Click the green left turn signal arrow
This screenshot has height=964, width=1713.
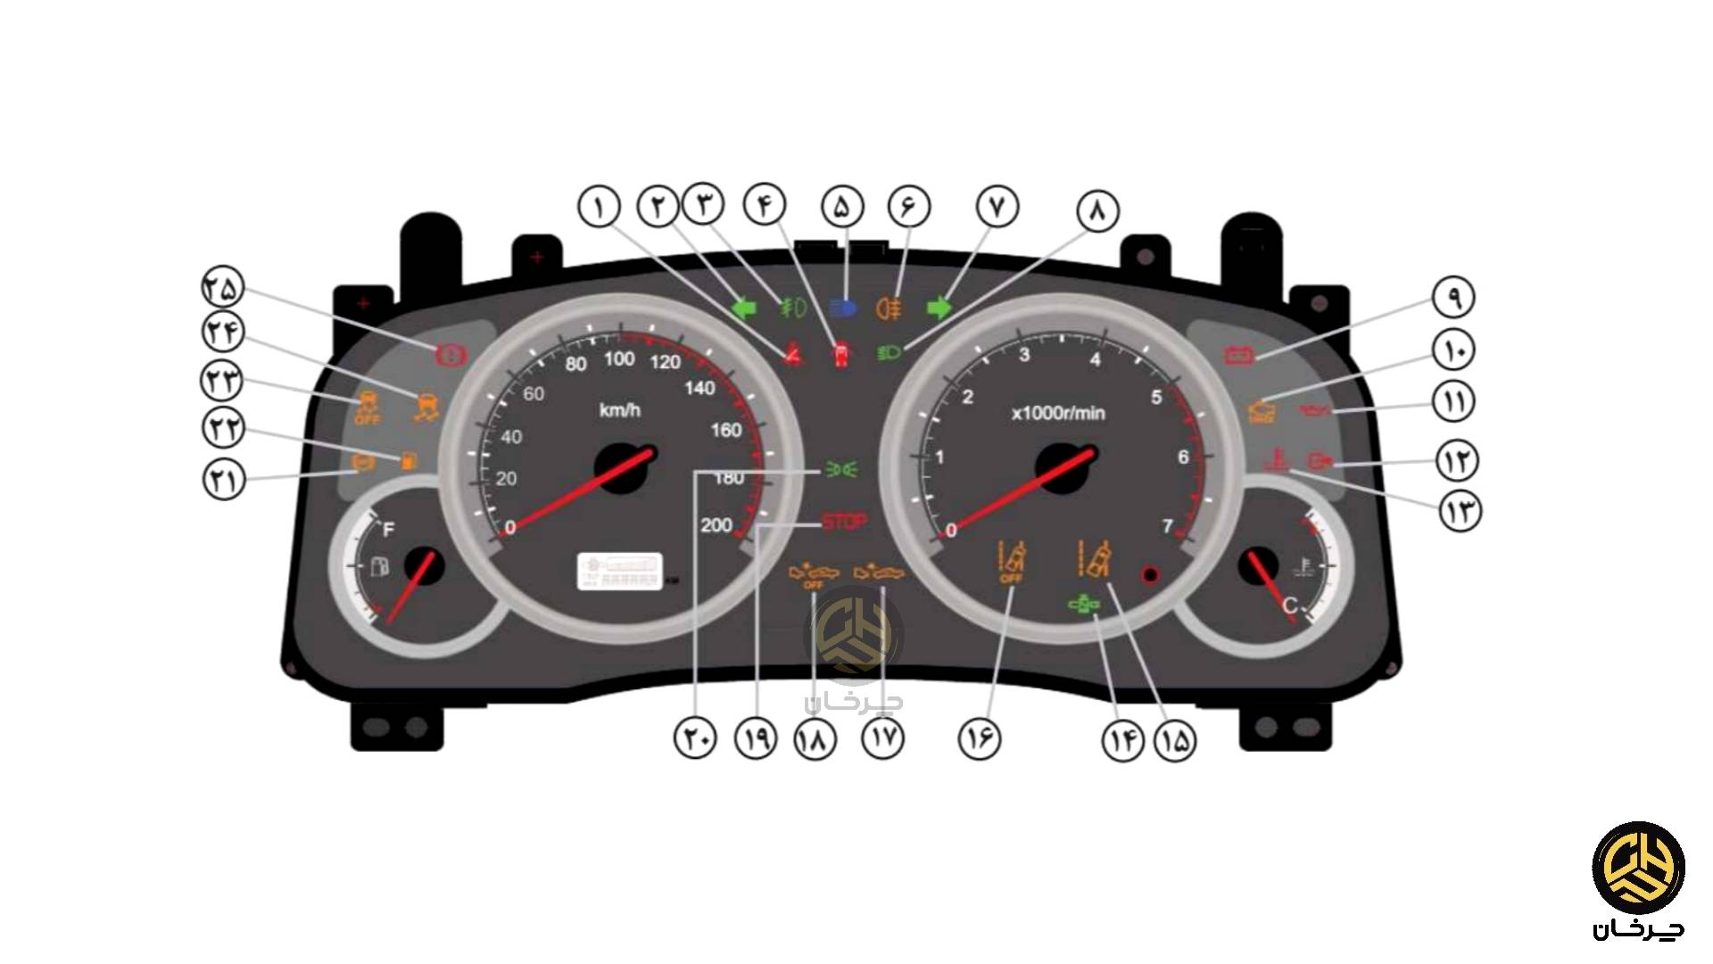[743, 309]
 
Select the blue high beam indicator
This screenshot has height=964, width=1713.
[842, 309]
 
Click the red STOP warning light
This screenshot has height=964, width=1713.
[843, 523]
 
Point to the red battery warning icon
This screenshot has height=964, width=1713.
[1240, 356]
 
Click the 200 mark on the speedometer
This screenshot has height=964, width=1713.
[716, 525]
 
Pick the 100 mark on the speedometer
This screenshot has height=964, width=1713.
[619, 359]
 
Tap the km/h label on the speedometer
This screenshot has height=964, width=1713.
[620, 410]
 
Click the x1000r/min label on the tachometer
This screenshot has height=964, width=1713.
[1058, 413]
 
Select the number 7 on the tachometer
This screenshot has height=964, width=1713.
[1167, 526]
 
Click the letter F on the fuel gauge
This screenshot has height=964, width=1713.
[388, 531]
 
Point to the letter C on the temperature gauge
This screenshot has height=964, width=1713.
[1289, 606]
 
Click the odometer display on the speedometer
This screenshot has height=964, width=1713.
[621, 571]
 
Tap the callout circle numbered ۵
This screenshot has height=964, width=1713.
[843, 207]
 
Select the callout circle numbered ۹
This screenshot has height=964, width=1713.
[1454, 297]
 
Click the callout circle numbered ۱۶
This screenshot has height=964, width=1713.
[980, 738]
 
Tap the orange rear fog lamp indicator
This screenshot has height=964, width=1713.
[890, 309]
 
